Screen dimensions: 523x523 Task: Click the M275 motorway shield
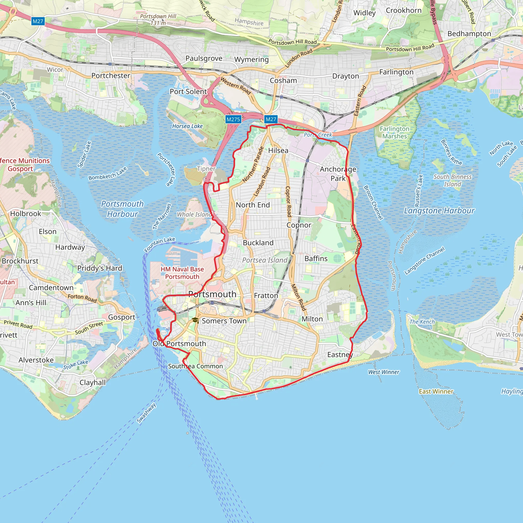pos(233,119)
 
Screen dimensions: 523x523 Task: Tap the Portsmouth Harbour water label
pos(122,209)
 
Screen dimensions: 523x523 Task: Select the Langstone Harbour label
pos(439,211)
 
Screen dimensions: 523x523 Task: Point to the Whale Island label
pos(194,215)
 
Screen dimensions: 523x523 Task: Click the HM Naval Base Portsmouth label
pos(182,273)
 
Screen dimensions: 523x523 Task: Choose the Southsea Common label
pos(195,366)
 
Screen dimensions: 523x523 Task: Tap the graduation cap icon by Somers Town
pos(195,320)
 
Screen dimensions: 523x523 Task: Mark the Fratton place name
pos(266,296)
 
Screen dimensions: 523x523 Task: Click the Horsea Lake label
pos(187,126)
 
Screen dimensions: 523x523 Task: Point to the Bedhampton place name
pos(469,34)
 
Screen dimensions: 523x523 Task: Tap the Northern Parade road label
pos(253,165)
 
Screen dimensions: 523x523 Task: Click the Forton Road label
pos(82,298)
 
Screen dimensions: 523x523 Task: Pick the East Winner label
pos(436,391)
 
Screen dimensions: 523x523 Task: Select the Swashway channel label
pos(146,413)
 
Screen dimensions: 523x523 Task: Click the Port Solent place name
pos(188,91)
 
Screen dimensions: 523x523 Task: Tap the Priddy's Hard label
pos(100,268)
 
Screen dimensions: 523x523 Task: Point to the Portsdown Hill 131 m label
pos(158,19)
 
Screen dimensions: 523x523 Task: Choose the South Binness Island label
pos(453,181)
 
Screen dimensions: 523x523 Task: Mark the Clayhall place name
pos(93,383)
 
